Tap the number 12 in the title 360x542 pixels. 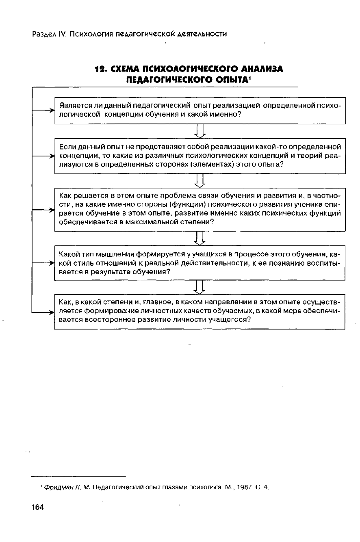(x=100, y=69)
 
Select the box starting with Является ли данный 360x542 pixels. (x=200, y=111)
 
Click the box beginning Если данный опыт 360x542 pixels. (x=200, y=156)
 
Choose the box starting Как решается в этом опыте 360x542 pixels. (x=200, y=209)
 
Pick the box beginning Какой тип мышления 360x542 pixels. (x=200, y=263)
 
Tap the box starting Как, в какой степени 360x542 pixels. (x=200, y=311)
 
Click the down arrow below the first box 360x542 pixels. (x=200, y=131)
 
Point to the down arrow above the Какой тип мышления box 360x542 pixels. (x=200, y=238)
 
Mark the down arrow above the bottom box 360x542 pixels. (x=200, y=287)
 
